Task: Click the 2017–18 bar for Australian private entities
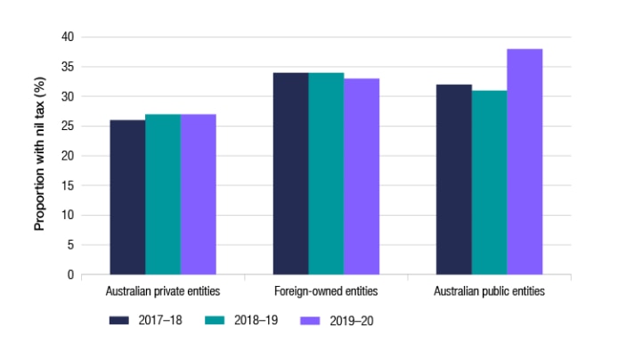127,197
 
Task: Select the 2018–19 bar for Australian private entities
163,194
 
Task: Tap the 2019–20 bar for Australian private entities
198,194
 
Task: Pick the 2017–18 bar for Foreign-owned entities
290,174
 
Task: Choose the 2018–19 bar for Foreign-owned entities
326,174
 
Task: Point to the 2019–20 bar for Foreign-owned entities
362,176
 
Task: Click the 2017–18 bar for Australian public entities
454,179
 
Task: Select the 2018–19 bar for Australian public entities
490,183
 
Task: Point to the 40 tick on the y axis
68,37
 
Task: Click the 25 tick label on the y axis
68,126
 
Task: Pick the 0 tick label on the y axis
70,274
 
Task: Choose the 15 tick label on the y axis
68,185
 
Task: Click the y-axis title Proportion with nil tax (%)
40,155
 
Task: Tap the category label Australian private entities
163,291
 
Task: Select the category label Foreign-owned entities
326,291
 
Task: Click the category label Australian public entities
489,291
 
